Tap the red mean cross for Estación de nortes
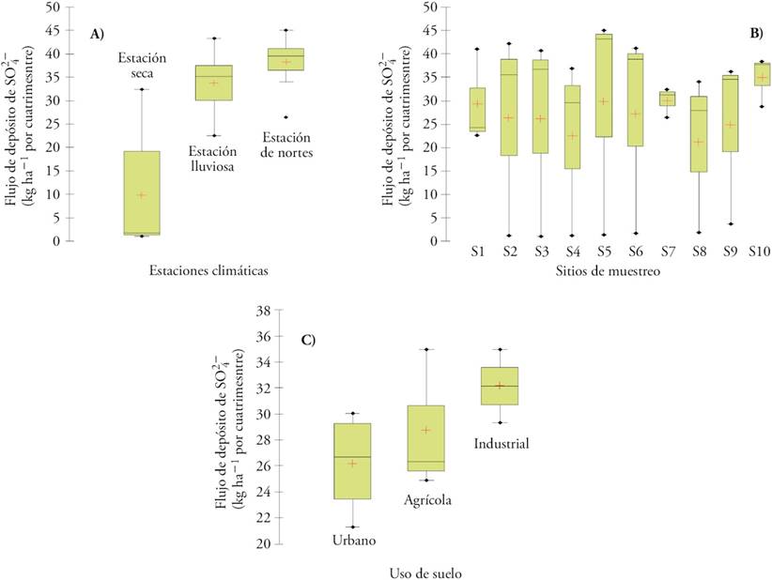coord(286,62)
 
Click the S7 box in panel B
coord(667,99)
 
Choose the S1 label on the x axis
coord(478,252)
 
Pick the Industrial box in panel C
coord(500,386)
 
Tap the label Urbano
coord(354,540)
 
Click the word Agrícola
coord(428,500)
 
